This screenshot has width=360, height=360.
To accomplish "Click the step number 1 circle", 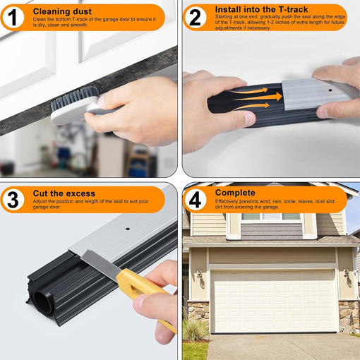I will (14, 17).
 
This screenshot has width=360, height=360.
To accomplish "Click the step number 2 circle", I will (196, 17).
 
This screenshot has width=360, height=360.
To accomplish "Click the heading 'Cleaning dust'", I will (61, 11).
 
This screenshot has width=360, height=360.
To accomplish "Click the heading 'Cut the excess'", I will (64, 193).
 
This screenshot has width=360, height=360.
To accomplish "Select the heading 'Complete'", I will (235, 193).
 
